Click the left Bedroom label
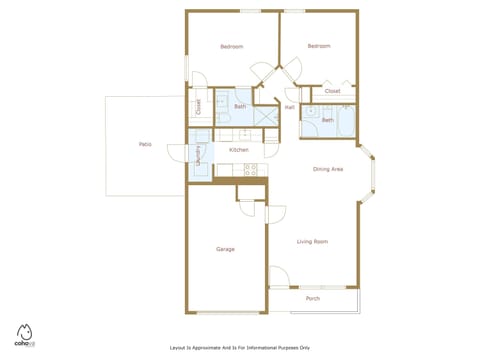[x=232, y=47]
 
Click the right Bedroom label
[x=318, y=46]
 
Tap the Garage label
[x=225, y=249]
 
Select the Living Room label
[x=312, y=241]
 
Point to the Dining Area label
[x=328, y=170]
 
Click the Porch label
[x=312, y=298]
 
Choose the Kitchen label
[x=238, y=150]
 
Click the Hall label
[x=289, y=107]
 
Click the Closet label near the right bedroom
[x=332, y=91]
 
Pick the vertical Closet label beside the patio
[x=198, y=107]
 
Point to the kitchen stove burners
[x=250, y=169]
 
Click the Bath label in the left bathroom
[x=240, y=107]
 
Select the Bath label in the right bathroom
[x=327, y=120]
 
